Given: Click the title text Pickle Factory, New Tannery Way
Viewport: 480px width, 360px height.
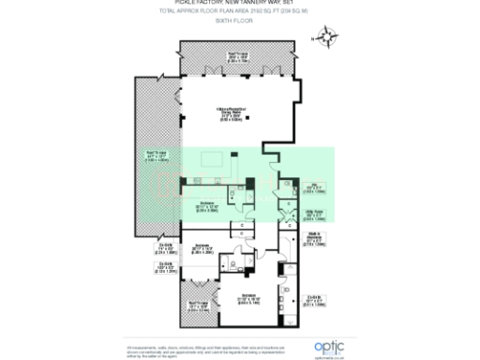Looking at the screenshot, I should [239, 7].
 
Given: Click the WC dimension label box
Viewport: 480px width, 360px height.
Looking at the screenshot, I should [316, 186].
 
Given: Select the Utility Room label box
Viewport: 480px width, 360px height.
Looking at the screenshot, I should [316, 215].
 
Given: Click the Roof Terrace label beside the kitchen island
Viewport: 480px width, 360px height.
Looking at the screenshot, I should [156, 156].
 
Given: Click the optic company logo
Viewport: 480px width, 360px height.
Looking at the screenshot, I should [327, 345].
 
